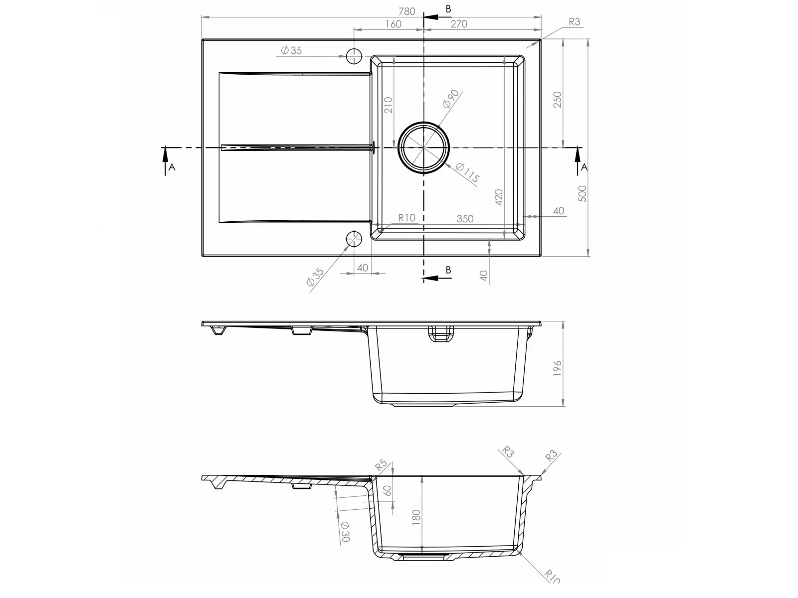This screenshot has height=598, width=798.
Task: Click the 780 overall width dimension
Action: [x=406, y=11]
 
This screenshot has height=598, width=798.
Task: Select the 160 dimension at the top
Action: [x=393, y=24]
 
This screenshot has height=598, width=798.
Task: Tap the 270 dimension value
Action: [x=458, y=24]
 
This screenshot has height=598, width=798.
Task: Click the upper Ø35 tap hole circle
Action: [x=354, y=56]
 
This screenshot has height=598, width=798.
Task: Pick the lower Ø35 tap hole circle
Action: [x=354, y=239]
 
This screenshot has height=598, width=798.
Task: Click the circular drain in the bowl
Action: [x=423, y=148]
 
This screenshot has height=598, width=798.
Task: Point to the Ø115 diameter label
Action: [x=467, y=173]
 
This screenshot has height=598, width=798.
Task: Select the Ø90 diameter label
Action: [x=451, y=99]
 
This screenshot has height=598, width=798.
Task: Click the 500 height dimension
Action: [x=582, y=193]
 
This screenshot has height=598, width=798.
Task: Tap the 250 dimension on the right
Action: [x=557, y=100]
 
